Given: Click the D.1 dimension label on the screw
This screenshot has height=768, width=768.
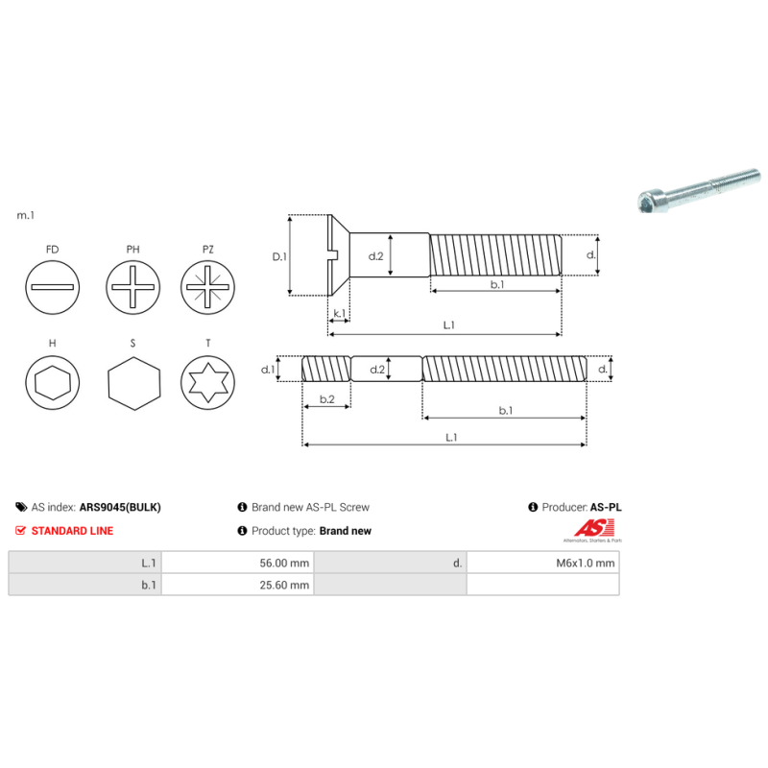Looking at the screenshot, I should tap(279, 256).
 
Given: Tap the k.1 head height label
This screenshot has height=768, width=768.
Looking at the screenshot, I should tap(339, 315).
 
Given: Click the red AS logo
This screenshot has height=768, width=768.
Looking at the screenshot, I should tap(587, 528).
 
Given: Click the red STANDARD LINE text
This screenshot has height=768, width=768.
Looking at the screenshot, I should tap(72, 531).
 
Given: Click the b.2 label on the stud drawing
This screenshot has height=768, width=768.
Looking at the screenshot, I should tap(326, 399).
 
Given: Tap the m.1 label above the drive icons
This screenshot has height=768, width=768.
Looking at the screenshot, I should tap(26, 216).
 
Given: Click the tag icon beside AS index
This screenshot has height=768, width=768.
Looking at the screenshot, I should tap(21, 507).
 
